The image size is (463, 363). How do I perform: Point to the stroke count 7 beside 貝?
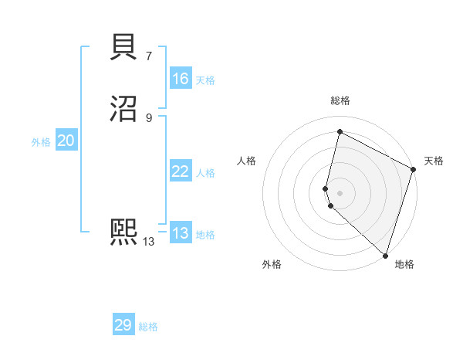(148, 56)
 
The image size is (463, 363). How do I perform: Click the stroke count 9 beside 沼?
(148, 117)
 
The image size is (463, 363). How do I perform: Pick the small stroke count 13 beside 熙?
(148, 241)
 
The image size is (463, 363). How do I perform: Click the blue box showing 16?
(180, 79)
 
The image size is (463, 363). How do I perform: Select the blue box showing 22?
(180, 171)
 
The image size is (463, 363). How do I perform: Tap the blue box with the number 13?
(180, 233)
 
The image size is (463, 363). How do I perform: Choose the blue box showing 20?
(66, 141)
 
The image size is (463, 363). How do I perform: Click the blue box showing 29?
(123, 325)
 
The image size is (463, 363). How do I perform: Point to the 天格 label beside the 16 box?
(205, 80)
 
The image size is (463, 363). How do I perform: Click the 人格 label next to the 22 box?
(205, 173)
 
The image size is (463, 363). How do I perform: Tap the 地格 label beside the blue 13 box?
(205, 235)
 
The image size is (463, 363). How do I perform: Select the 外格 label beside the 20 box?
(41, 142)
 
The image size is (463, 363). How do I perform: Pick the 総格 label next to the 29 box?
(148, 327)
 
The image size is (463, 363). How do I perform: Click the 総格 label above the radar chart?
(340, 100)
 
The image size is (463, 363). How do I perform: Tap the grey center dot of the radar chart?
(340, 192)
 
